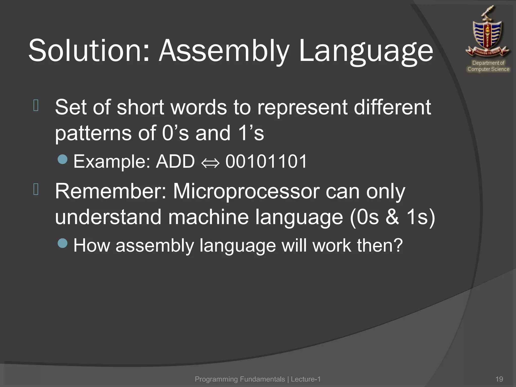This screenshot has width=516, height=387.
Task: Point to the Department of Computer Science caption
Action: coord(488,66)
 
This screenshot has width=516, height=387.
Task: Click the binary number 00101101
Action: coord(266,161)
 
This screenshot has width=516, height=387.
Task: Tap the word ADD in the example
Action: coord(175,161)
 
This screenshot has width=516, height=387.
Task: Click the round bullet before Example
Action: coord(62,159)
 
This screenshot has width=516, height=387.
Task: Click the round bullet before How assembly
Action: coord(62,243)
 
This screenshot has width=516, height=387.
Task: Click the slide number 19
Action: coord(499,379)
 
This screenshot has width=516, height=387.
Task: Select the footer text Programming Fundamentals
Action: coord(240,379)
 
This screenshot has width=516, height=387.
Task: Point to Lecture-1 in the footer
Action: coord(306,379)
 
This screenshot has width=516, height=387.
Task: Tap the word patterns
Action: coord(93,134)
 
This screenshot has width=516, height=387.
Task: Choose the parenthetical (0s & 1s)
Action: coord(392,217)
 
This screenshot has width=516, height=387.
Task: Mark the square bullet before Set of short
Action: coord(36,106)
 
